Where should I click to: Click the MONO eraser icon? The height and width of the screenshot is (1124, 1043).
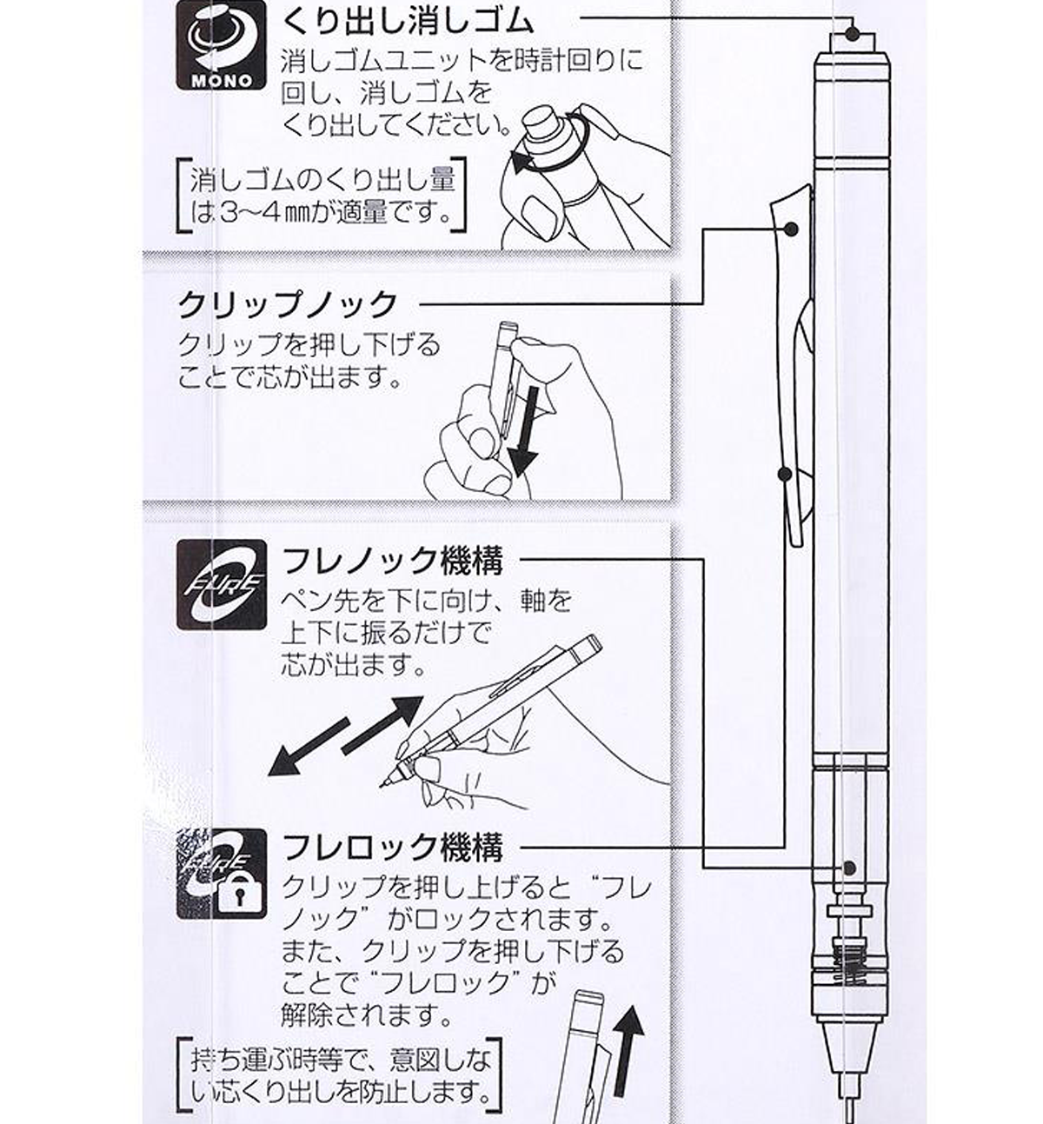222,44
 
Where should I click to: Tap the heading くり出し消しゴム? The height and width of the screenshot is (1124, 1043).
408,23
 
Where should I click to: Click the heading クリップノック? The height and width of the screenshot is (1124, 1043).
288,305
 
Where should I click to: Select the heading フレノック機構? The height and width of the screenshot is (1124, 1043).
392,561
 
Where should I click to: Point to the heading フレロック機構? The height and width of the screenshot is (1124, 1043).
392,848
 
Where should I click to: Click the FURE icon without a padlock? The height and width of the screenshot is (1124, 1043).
222,585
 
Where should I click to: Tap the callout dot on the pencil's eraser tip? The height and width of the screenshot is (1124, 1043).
852,33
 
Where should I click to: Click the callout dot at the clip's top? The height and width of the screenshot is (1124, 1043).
792,229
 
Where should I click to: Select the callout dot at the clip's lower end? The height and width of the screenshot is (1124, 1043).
785,474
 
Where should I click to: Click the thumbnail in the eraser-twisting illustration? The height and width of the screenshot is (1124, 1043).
541,216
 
